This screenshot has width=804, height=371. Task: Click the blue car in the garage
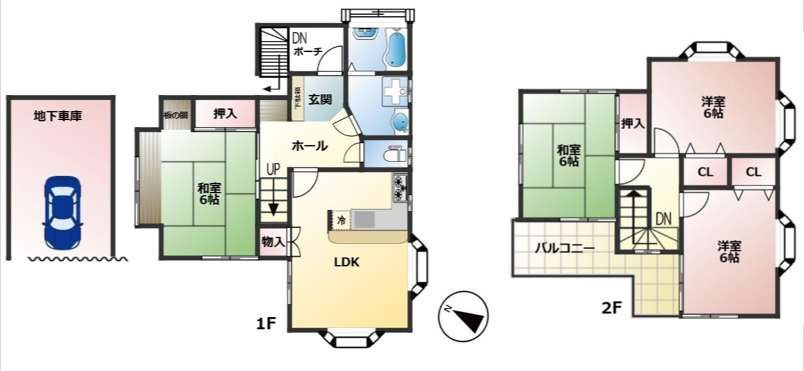tap(62, 212)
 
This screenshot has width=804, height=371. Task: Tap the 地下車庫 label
tap(58, 117)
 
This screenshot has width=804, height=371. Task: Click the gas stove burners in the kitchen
tap(400, 187)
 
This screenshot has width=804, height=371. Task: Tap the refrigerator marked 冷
tap(340, 220)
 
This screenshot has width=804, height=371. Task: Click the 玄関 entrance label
tap(320, 99)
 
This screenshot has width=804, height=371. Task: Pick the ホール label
tap(310, 146)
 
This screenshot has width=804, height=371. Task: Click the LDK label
tap(347, 262)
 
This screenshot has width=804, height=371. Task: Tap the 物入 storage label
tap(273, 241)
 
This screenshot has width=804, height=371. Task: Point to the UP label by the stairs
tap(274, 170)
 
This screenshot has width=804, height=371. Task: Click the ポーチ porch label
tap(308, 52)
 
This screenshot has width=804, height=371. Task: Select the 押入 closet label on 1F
tap(225, 114)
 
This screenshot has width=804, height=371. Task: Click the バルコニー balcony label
tap(565, 248)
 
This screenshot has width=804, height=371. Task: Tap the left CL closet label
tap(705, 172)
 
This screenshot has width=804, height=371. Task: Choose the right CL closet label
tap(753, 172)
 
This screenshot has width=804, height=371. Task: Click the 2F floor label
tap(612, 307)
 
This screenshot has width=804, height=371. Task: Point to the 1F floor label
tap(266, 324)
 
